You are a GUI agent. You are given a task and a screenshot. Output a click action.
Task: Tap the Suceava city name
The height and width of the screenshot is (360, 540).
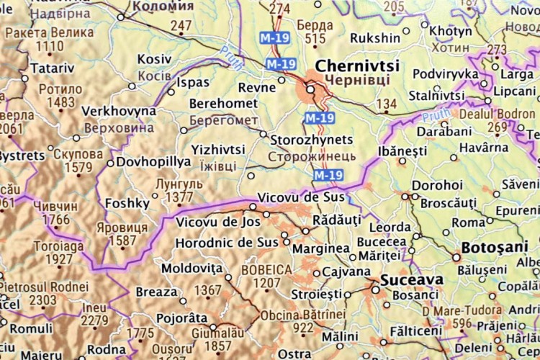click(405, 279)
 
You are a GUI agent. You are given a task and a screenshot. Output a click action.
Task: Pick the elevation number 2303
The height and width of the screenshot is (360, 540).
click(42, 301)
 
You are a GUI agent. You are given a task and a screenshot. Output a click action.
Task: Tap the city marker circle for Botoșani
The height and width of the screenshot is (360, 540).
click(456, 256)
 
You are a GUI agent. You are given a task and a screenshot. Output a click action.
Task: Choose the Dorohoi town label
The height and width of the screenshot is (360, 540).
click(437, 185)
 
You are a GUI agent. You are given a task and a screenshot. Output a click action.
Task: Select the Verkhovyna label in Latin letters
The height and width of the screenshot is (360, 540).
click(119, 112)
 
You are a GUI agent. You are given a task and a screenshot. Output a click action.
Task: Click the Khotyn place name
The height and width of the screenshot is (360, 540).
click(451, 31)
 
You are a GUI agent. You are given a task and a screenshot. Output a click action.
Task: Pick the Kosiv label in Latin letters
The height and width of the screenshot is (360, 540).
click(155, 59)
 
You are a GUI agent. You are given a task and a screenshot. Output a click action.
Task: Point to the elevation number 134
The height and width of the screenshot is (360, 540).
click(387, 104)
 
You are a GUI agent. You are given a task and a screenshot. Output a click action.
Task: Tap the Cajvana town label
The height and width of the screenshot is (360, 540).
click(346, 272)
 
